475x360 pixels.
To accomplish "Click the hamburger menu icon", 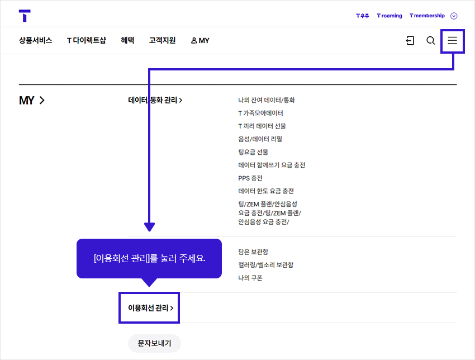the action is click(452, 40).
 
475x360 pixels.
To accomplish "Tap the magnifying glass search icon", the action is click(430, 40).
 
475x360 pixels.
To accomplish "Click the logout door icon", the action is click(410, 40).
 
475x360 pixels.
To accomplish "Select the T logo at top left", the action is click(25, 16).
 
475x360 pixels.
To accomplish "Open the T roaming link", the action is click(389, 16).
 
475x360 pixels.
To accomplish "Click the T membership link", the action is click(427, 16).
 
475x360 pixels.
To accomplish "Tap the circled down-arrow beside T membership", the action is click(454, 16).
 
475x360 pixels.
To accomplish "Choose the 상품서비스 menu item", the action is click(35, 40).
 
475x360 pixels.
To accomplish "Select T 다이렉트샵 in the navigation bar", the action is click(86, 40).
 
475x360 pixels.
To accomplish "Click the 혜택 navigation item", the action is click(127, 40).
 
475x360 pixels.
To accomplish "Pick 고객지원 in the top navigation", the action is click(162, 40).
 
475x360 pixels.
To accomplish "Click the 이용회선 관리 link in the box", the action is click(150, 308).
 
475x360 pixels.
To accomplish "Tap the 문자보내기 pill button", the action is click(154, 343).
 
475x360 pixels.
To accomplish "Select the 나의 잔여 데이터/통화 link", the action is click(266, 100).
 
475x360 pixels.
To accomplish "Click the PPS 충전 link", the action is click(250, 178).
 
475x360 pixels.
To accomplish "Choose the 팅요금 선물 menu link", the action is click(253, 152).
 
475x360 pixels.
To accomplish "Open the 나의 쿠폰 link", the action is click(250, 278).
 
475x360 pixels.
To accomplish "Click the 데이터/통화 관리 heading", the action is click(155, 100).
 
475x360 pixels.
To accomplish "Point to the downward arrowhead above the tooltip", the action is click(149, 227).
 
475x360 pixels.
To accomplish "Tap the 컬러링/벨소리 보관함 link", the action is click(265, 265).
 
